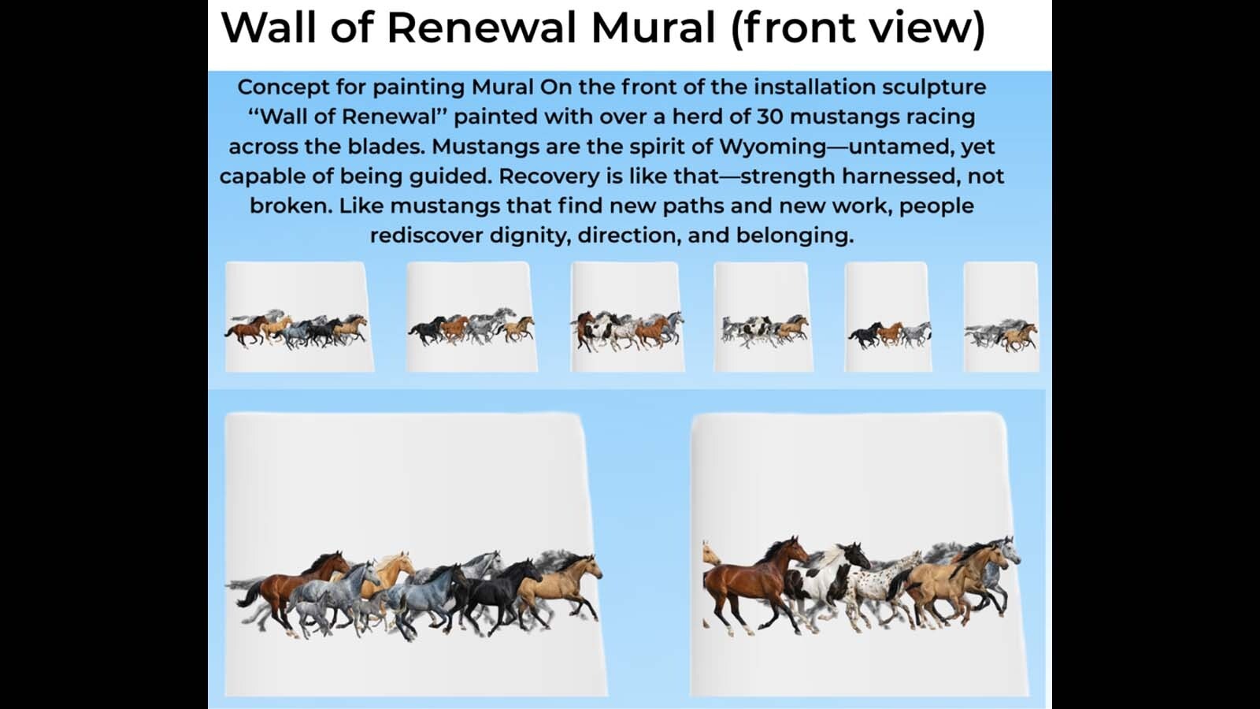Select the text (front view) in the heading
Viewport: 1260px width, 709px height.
point(858,28)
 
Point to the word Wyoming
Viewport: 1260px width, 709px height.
point(773,147)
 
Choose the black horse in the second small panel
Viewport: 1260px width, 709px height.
point(428,329)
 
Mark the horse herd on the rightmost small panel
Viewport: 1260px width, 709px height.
point(1001,335)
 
